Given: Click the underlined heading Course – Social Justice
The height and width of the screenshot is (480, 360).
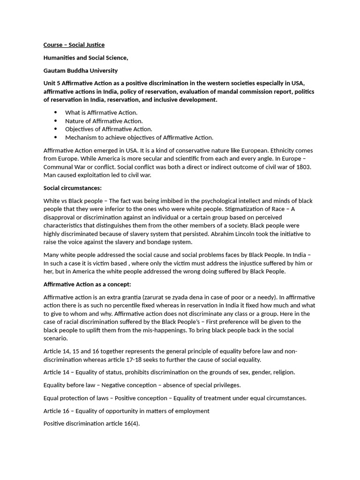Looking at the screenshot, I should click(x=74, y=45).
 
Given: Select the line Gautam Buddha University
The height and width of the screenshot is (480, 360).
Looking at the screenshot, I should click(x=81, y=71).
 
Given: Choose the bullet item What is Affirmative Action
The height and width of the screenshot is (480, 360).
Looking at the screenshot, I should click(x=101, y=112).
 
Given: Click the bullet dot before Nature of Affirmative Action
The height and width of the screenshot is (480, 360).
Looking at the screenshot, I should click(x=56, y=121).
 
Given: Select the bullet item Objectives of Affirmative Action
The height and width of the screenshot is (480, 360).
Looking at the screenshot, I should click(x=108, y=129).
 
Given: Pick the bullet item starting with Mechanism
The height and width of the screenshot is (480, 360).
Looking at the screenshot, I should click(x=139, y=137).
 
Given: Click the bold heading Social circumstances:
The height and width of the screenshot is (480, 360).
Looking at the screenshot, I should click(x=72, y=188).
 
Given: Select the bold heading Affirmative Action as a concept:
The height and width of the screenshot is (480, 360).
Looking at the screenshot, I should click(x=87, y=285).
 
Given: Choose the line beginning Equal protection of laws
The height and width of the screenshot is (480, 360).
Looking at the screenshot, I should click(x=174, y=398).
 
